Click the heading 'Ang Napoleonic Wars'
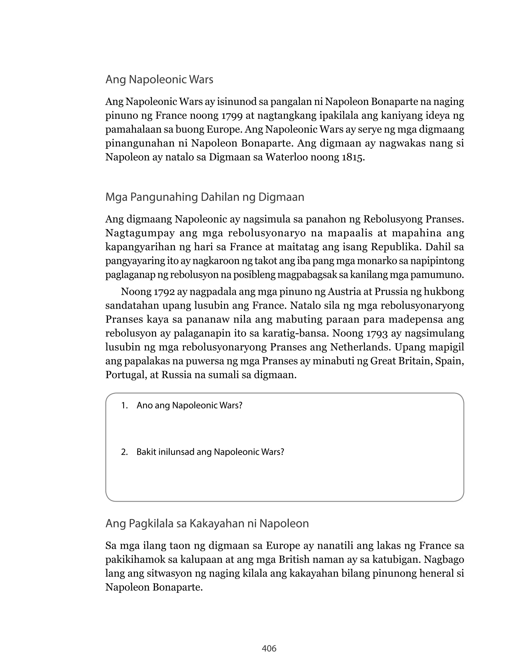coord(159,79)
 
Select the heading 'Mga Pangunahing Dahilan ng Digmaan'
coord(204,197)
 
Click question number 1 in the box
coord(124,405)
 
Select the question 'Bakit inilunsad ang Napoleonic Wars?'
coord(210,452)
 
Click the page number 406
coord(269,648)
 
